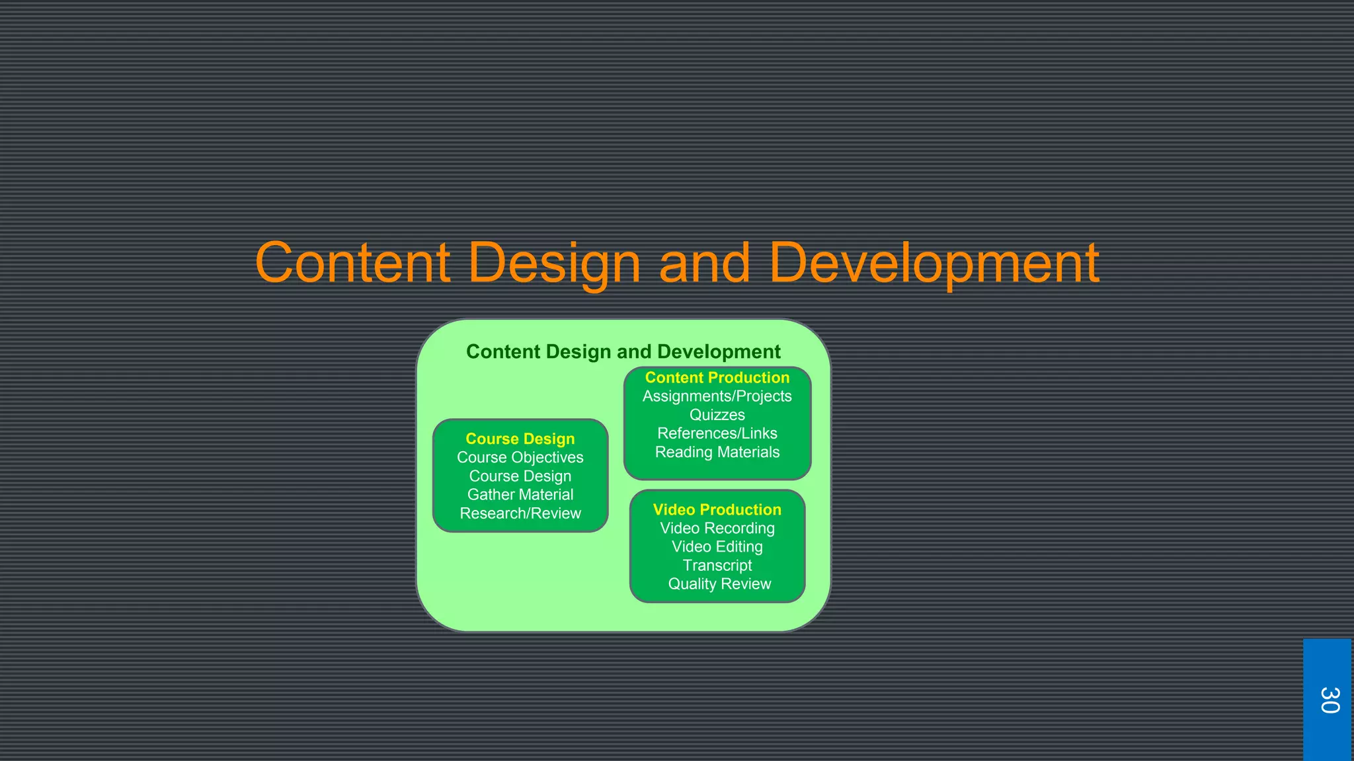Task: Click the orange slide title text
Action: coord(677,263)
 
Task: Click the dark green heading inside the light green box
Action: coord(623,351)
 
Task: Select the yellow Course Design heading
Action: coord(520,439)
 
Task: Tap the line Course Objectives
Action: coord(520,457)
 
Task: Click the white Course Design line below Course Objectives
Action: coord(520,476)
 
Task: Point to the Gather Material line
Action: coord(520,495)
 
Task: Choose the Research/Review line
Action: coord(520,513)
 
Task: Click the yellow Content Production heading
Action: coord(717,377)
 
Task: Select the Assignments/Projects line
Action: coord(717,396)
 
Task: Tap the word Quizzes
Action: coord(717,415)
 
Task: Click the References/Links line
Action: coord(717,433)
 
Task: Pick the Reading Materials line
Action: coord(717,452)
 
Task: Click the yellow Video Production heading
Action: coord(717,509)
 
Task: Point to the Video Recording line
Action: coord(717,528)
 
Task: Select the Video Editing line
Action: coord(717,547)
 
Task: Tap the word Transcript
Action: coord(717,565)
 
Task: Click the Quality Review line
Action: coord(719,584)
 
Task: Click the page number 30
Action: coord(1328,700)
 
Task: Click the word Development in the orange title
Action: coord(934,263)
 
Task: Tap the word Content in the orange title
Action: coord(353,263)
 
